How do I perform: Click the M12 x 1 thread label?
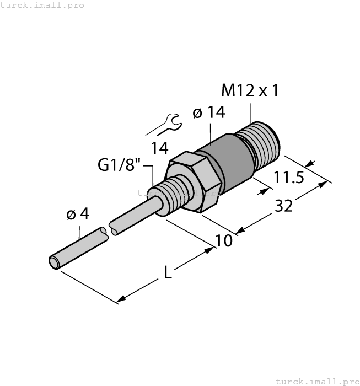(249, 90)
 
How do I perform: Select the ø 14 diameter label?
(209, 113)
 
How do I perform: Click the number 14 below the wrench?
(161, 147)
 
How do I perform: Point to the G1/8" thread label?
(119, 165)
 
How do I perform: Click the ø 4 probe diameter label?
(77, 215)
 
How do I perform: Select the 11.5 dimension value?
(289, 179)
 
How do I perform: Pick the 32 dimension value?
(283, 206)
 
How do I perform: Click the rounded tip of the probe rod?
(54, 262)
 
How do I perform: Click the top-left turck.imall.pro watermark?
(42, 5)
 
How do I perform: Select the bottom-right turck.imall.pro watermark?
(316, 381)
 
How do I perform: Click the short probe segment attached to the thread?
(138, 215)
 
